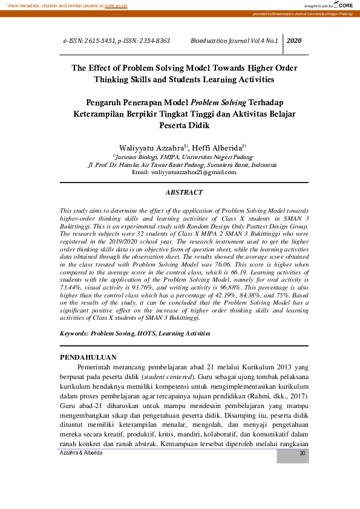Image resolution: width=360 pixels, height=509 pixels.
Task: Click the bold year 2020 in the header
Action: tap(294, 41)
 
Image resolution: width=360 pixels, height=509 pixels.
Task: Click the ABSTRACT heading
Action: tap(184, 192)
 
